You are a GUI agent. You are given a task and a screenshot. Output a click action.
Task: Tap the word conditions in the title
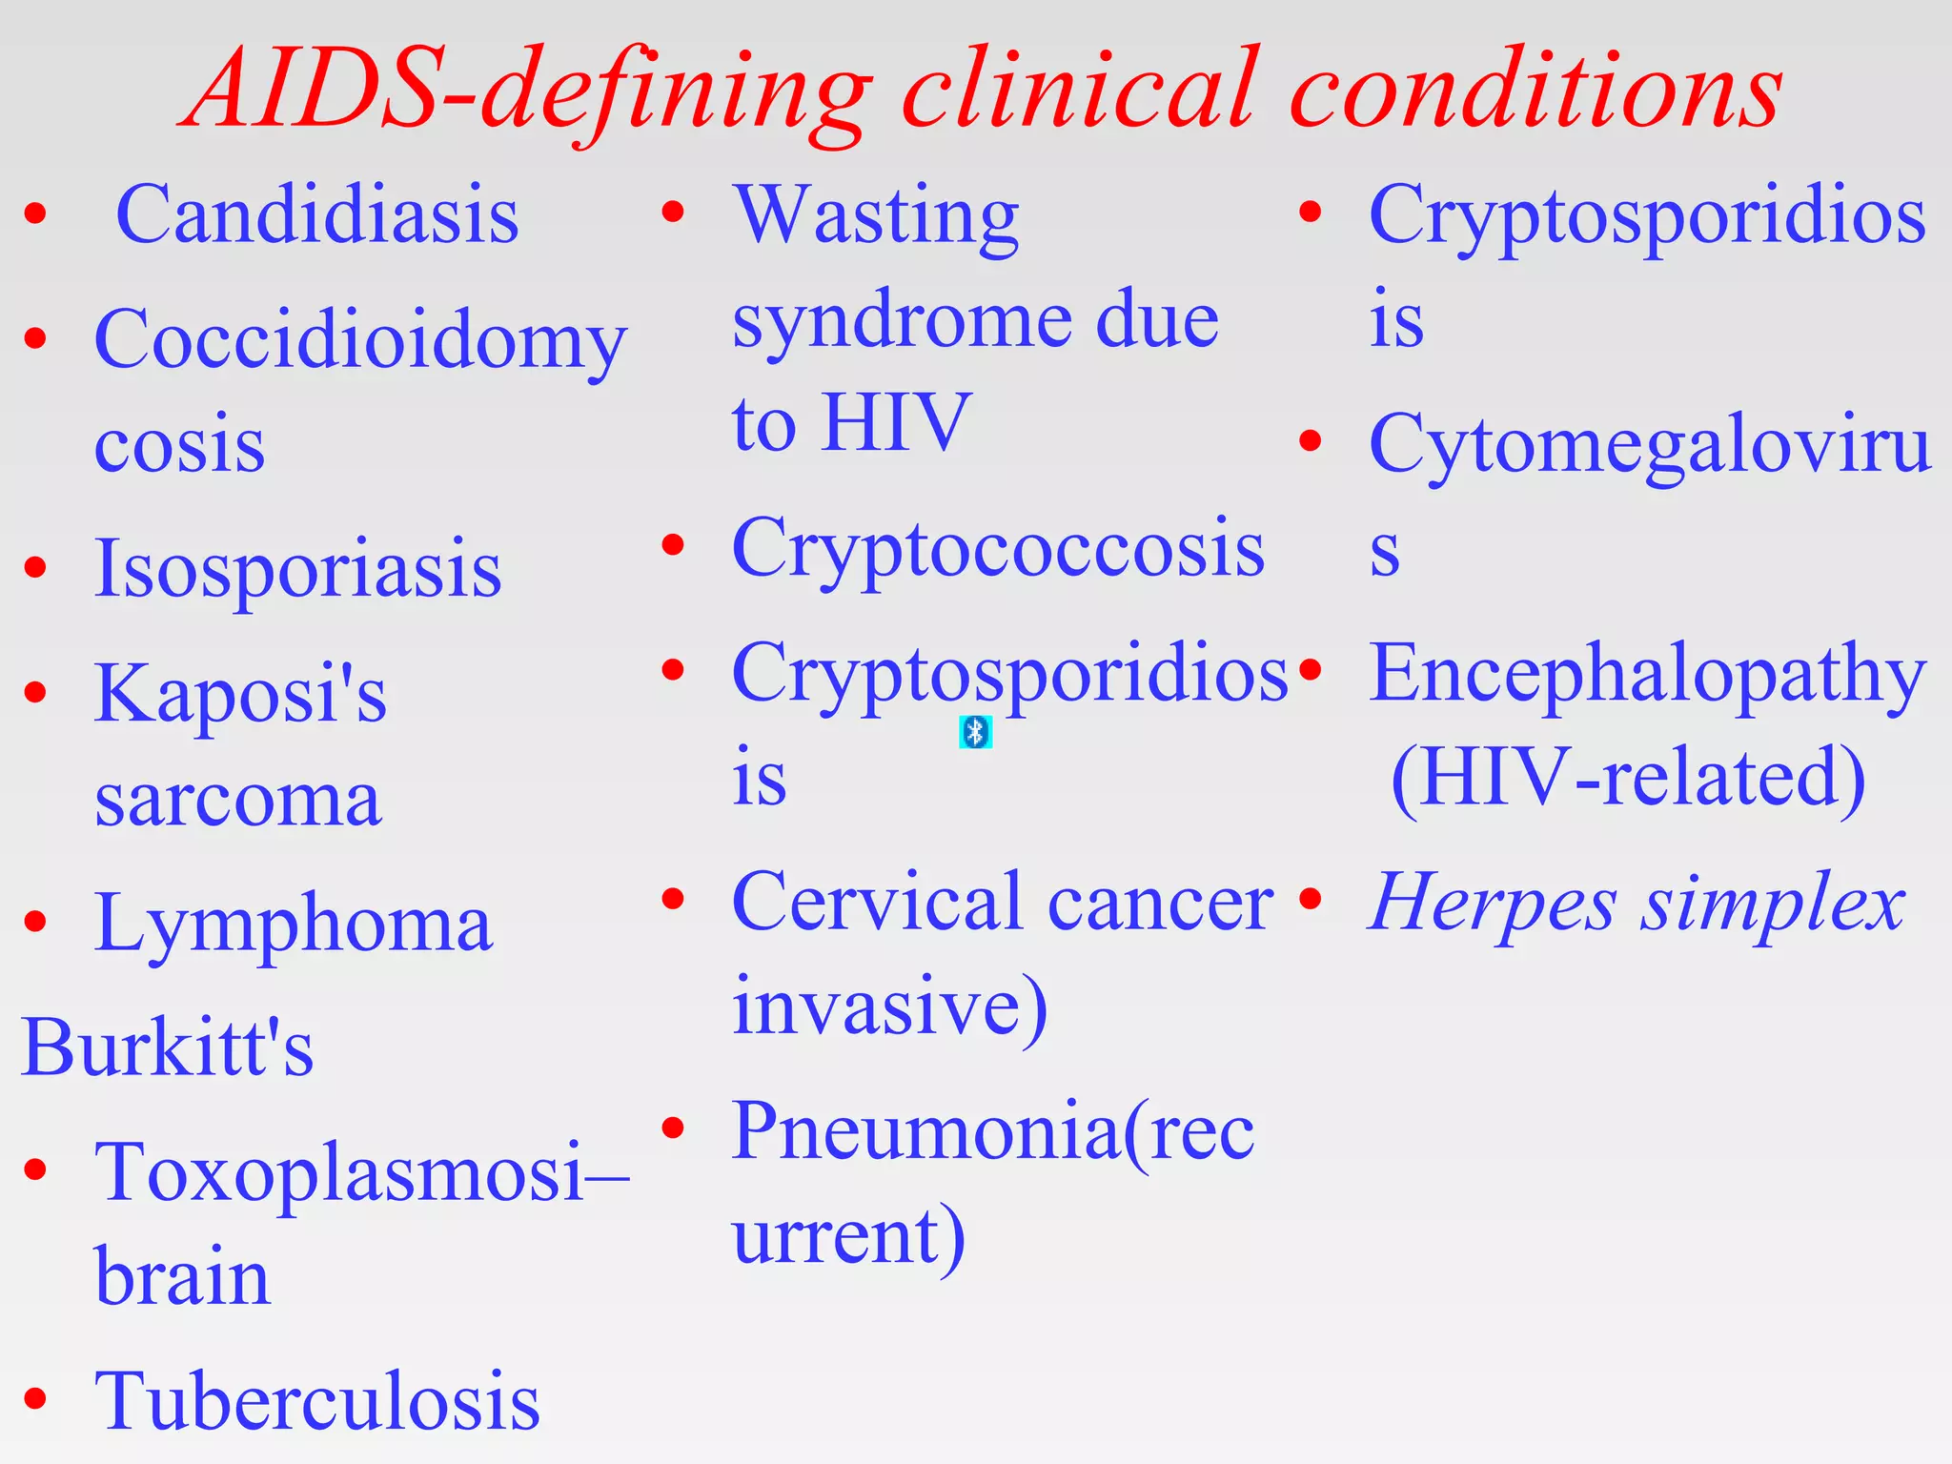coord(1535,91)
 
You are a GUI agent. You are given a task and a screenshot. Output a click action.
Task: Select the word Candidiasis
coord(317,215)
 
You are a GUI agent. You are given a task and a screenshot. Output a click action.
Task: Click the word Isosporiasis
coord(297,569)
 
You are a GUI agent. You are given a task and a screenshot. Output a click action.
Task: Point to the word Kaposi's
coord(240,694)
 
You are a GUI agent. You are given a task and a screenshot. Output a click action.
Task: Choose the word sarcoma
coord(238,799)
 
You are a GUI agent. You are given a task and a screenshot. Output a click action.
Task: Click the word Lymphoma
coord(294,923)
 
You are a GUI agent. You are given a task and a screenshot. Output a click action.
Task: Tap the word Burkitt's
coord(168,1047)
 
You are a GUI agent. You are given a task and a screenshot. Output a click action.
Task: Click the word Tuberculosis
coord(317,1401)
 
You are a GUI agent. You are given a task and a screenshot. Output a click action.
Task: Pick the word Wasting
coord(876,215)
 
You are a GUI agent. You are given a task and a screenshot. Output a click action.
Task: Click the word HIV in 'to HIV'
coord(896,422)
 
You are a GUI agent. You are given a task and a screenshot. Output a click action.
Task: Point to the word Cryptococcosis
coord(998,548)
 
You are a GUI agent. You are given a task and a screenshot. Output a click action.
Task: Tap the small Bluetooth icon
coord(975,732)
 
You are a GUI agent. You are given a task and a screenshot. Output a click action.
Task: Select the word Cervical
coord(877,902)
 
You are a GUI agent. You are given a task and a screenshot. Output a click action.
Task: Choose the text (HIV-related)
coord(1628,778)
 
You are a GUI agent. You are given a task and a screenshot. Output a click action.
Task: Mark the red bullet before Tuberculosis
coord(36,1398)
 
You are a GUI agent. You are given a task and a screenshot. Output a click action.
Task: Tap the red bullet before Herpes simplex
coord(1311,899)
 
